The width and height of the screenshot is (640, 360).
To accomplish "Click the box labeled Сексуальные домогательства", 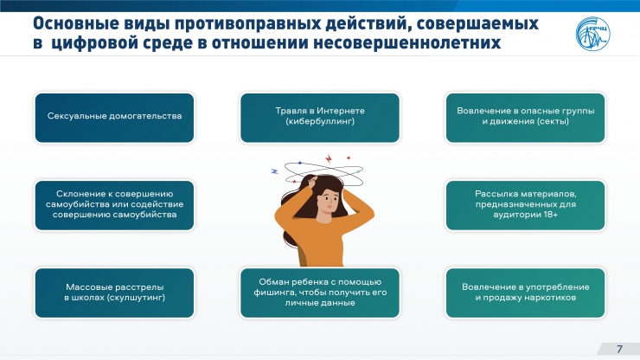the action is pyautogui.click(x=114, y=118).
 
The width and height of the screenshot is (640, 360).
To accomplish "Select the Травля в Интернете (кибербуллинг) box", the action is pyautogui.click(x=320, y=118).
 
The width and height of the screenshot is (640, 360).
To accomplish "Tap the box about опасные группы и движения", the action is pyautogui.click(x=525, y=118).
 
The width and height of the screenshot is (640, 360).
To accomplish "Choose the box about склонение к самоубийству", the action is pyautogui.click(x=114, y=205).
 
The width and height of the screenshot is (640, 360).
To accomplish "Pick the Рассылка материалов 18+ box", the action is pyautogui.click(x=525, y=205).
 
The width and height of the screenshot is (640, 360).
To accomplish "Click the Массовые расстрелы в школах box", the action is pyautogui.click(x=114, y=292).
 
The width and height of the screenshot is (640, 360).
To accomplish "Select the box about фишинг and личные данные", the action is pyautogui.click(x=320, y=292).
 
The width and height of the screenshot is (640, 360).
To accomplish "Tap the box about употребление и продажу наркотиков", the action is pyautogui.click(x=525, y=292).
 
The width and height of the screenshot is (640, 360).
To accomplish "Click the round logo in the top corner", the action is pyautogui.click(x=592, y=34).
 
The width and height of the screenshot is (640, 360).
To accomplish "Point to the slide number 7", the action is pyautogui.click(x=619, y=349).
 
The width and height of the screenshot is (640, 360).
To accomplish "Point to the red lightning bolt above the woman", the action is pyautogui.click(x=329, y=158).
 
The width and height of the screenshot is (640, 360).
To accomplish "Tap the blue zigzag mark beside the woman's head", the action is pyautogui.click(x=275, y=171).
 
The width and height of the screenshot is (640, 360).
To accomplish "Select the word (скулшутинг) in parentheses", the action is pyautogui.click(x=137, y=298).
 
